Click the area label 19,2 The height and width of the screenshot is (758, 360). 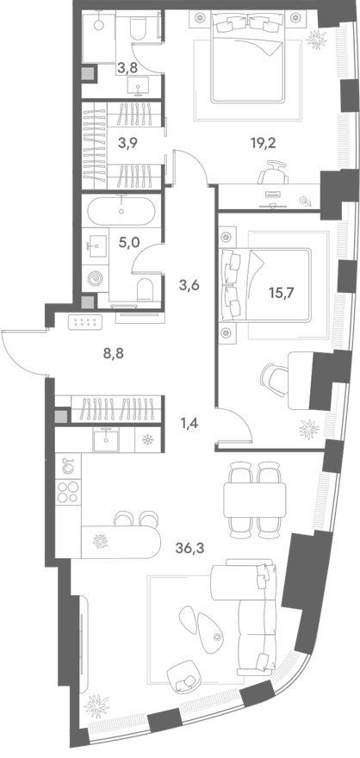tap(264, 144)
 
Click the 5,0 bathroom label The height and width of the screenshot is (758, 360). tap(128, 241)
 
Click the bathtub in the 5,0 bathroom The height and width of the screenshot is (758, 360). tap(121, 211)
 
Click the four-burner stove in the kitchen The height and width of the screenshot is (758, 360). tap(68, 492)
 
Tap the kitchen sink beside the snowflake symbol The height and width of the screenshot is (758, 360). tap(106, 439)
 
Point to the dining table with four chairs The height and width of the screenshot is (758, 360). tap(255, 500)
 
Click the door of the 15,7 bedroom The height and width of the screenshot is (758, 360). tap(236, 424)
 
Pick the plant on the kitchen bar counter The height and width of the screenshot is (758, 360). tap(100, 540)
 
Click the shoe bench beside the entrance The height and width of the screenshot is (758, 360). tap(85, 322)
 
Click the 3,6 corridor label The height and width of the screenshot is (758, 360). tap(189, 285)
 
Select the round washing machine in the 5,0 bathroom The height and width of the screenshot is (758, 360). tap(95, 279)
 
